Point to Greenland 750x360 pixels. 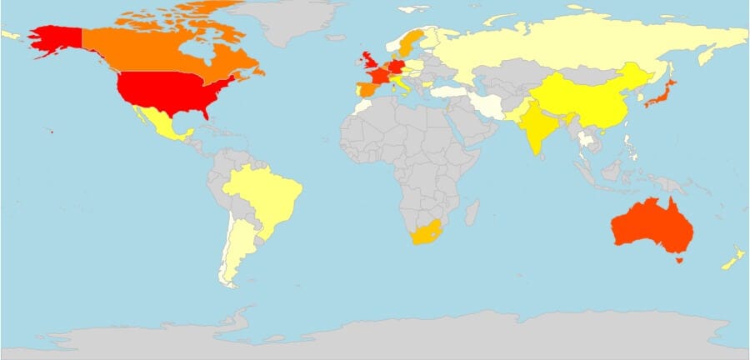pyautogui.click(x=296, y=21)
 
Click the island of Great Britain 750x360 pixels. pyautogui.click(x=368, y=63)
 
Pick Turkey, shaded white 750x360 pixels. pyautogui.click(x=442, y=91)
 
